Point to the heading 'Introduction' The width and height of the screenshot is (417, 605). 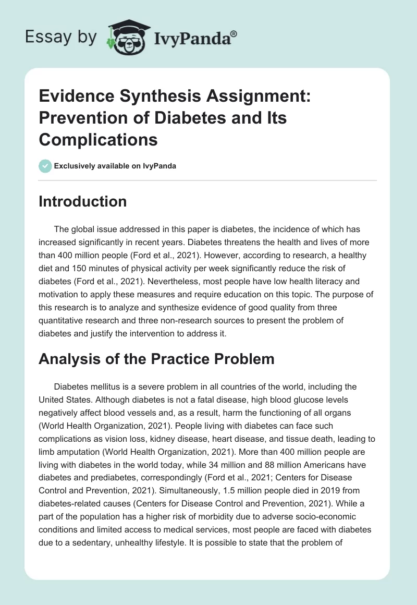coord(82,201)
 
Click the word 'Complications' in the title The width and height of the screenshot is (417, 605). coord(98,139)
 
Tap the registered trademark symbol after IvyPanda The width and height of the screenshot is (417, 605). coord(235,34)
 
